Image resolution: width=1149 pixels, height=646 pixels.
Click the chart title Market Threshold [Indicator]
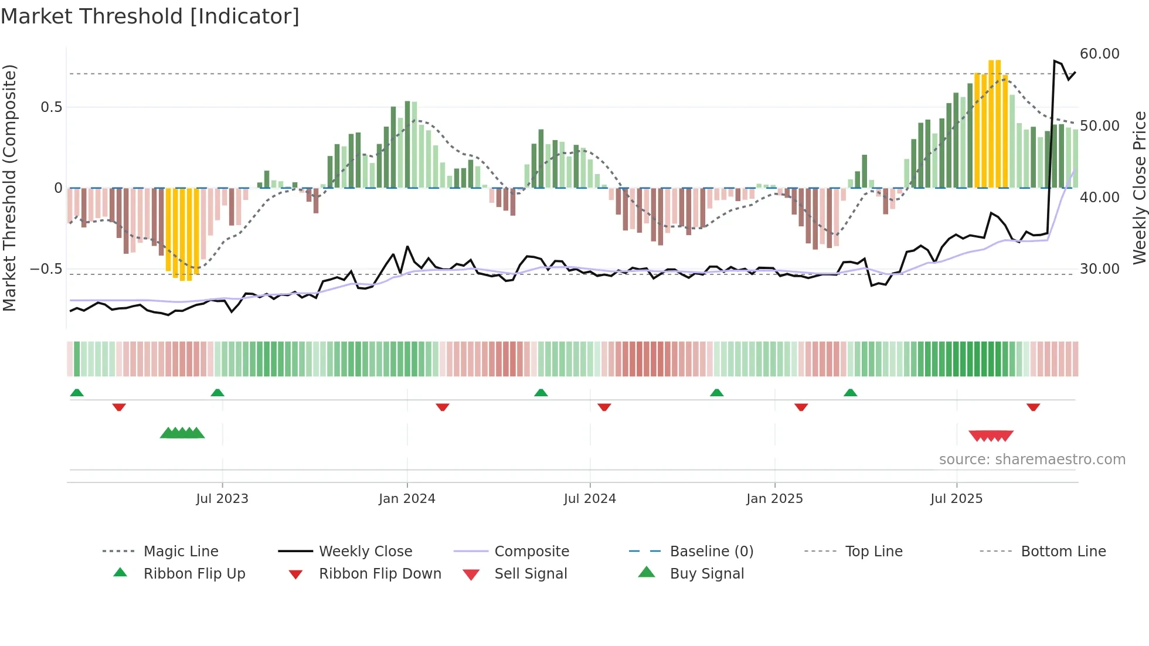click(150, 16)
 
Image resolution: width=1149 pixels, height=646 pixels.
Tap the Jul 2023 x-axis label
click(222, 499)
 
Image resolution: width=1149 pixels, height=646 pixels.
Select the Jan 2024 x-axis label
click(407, 499)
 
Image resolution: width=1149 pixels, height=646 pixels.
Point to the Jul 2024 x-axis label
click(590, 499)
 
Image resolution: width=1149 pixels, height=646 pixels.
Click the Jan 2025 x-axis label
click(774, 499)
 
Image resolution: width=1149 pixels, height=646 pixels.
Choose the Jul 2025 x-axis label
click(956, 499)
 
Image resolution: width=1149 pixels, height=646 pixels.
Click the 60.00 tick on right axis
click(1099, 54)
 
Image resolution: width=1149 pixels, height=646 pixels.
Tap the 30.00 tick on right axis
click(1099, 269)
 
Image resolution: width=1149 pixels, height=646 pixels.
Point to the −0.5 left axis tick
click(46, 269)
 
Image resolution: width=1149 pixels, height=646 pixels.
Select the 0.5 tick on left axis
click(51, 107)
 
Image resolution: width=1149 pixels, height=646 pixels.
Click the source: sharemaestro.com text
click(1032, 460)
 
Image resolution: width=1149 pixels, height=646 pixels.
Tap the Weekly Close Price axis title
click(1139, 188)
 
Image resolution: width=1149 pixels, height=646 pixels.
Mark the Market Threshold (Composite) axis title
click(9, 188)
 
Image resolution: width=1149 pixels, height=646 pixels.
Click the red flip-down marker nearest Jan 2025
click(801, 407)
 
